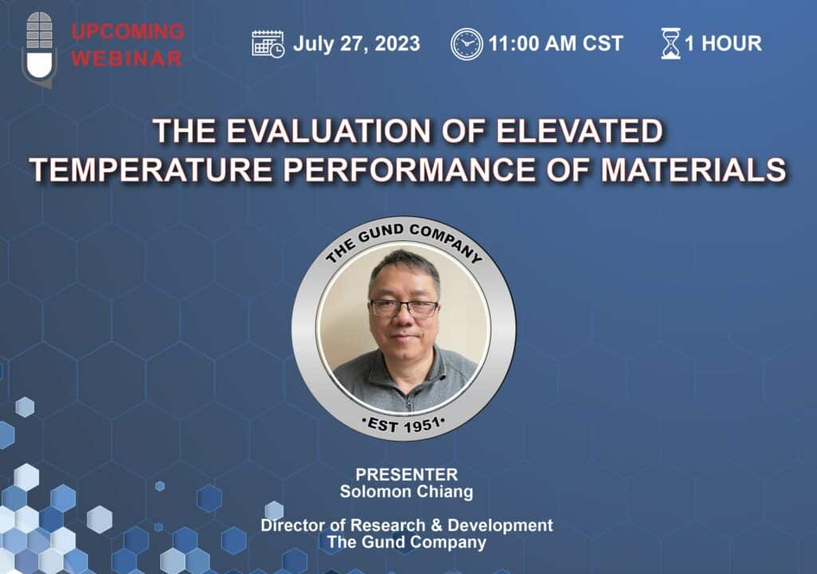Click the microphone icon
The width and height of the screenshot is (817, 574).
[x=40, y=49]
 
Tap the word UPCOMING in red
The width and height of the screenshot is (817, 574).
[x=128, y=31]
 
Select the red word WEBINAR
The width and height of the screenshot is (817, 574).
[x=127, y=58]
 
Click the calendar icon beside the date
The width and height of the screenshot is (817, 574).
[x=268, y=44]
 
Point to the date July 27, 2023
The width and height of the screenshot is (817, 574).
[x=357, y=43]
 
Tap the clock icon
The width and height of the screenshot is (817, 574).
[x=466, y=44]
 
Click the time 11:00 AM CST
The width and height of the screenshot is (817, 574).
[x=555, y=43]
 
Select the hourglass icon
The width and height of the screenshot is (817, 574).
[x=670, y=43]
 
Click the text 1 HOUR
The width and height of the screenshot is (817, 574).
[x=723, y=43]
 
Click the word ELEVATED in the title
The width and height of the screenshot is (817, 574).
[x=579, y=131]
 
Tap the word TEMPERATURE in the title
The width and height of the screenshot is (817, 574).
[x=151, y=170]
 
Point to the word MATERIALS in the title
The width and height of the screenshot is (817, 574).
[x=693, y=170]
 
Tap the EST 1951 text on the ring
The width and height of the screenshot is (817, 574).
[x=404, y=425]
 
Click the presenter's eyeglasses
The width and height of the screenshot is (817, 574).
[x=405, y=308]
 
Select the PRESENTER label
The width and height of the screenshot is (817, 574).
[x=406, y=474]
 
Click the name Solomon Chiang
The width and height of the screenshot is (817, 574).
[x=406, y=492]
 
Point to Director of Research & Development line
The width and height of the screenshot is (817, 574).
[x=407, y=525]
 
